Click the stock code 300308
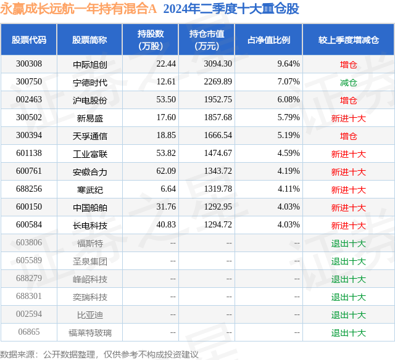[29, 64]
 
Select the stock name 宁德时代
[89, 82]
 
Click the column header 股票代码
[29, 40]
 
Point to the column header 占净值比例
[268, 40]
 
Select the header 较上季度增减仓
[348, 40]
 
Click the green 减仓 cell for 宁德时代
[348, 82]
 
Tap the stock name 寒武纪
[89, 190]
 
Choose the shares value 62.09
[166, 172]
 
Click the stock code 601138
[29, 154]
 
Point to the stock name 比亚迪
[89, 315]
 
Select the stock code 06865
[29, 333]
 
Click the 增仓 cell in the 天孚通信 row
[348, 136]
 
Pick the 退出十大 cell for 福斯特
[348, 243]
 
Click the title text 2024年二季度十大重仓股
[231, 9]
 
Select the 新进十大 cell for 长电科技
[348, 226]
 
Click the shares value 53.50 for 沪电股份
[166, 100]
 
